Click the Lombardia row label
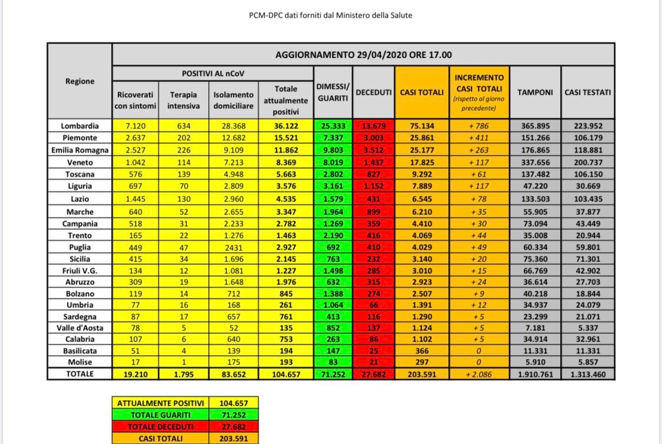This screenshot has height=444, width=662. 79,125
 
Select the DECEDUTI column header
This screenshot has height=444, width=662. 374,92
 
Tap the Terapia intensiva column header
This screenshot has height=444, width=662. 183,100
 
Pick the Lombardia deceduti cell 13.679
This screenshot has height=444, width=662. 374,125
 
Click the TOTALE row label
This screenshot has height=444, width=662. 79,373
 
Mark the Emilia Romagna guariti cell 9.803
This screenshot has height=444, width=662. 333,150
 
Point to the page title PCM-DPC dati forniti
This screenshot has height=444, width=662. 331,15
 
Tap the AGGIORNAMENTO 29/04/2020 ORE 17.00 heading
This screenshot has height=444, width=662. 363,55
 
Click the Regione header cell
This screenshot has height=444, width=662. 79,81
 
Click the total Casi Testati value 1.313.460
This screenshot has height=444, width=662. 587,373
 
